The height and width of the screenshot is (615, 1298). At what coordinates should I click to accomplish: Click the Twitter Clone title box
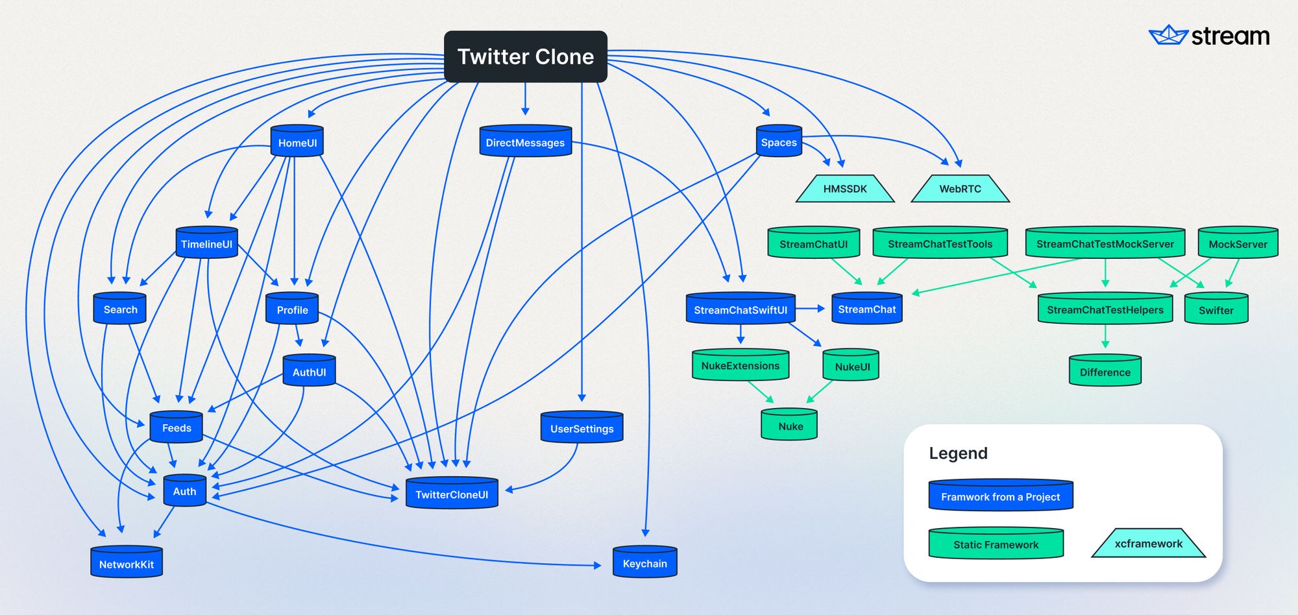tap(525, 56)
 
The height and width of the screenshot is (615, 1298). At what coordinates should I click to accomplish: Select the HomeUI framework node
tap(297, 142)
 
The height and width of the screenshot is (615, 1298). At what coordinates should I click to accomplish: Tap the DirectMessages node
tap(525, 142)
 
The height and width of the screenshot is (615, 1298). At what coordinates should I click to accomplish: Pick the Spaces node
tap(779, 142)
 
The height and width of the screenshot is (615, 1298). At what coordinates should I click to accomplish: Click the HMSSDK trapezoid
tap(845, 189)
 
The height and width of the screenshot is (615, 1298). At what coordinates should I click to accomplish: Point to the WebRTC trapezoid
tap(960, 189)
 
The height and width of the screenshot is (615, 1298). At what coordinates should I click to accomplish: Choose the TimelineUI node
tap(206, 244)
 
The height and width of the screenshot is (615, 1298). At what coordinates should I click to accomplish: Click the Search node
tap(120, 309)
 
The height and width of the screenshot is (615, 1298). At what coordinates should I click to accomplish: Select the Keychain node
tap(644, 563)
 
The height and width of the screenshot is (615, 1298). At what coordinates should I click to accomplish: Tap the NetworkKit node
tap(127, 564)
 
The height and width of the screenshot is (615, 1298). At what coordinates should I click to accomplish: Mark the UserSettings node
tap(582, 428)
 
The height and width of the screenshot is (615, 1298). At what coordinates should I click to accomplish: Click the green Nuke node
tap(790, 426)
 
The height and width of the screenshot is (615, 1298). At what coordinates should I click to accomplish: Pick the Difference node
tap(1105, 372)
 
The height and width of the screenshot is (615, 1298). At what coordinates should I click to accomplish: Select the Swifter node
tap(1216, 310)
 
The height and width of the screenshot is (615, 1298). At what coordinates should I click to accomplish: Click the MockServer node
tap(1238, 244)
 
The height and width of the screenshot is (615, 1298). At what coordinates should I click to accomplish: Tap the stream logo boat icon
tap(1168, 35)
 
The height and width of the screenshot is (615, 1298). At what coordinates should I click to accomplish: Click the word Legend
tap(958, 453)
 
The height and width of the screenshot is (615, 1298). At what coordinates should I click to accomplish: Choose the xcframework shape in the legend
tap(1148, 544)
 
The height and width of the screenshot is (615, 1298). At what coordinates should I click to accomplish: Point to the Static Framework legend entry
tap(996, 544)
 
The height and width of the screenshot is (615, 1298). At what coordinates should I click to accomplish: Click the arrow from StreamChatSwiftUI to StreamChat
tap(811, 309)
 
